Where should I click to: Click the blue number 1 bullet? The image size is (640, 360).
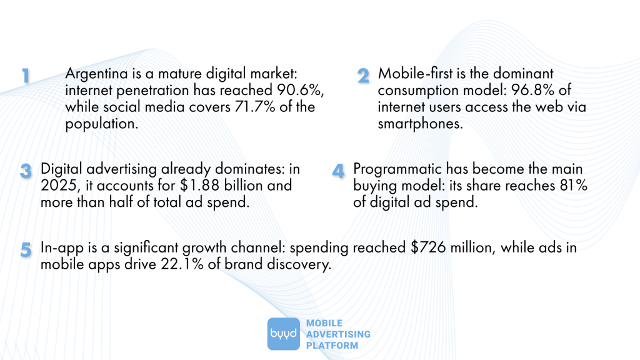[26, 76]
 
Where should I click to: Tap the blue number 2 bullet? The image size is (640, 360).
[364, 76]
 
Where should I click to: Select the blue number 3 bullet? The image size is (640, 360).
[26, 171]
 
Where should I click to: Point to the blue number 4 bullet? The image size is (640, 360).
[338, 171]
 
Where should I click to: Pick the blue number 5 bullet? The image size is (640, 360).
[26, 249]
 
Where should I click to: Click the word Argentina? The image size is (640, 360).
[94, 74]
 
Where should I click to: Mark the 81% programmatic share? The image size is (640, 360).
[574, 186]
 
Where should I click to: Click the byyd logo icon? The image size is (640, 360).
[284, 334]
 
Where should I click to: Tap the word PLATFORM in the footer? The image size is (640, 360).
[332, 346]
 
